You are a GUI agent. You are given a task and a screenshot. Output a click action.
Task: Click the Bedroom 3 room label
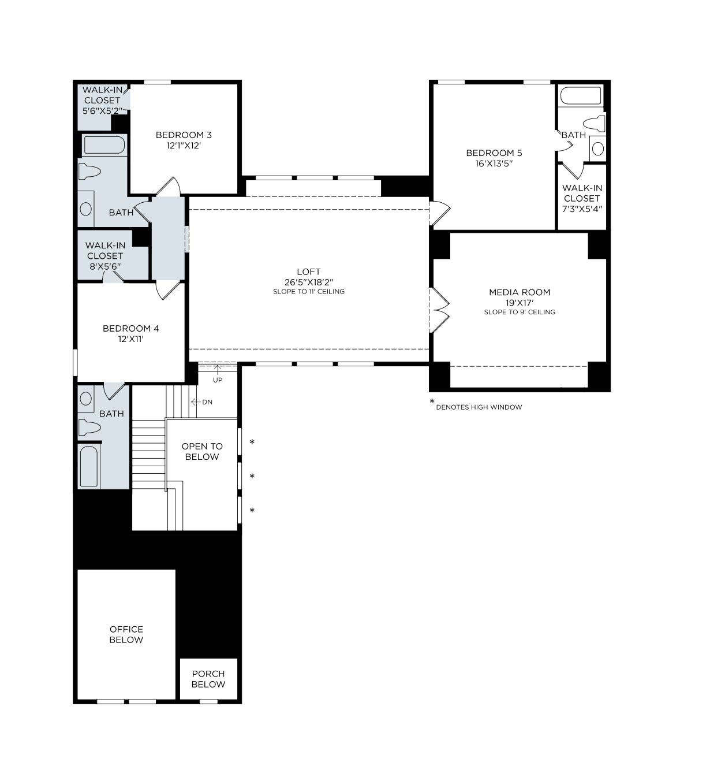[184, 135]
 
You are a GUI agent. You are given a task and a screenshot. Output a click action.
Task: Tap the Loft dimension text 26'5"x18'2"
[308, 282]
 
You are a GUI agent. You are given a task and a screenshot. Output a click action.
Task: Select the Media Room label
[519, 292]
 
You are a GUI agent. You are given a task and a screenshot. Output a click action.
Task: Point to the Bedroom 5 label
[494, 153]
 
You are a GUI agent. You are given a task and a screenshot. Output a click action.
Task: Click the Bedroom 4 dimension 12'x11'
[130, 339]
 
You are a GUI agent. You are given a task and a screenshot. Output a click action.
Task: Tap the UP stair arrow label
[218, 380]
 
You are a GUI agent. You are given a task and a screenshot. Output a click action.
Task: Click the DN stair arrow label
[207, 402]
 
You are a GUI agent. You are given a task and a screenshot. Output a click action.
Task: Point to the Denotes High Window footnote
[479, 407]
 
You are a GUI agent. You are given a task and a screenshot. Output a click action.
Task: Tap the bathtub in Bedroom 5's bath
[581, 96]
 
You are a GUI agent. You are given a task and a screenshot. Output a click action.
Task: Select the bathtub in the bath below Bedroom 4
[89, 466]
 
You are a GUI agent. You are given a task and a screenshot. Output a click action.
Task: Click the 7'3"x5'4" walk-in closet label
[582, 198]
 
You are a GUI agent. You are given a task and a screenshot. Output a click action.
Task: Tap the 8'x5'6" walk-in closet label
[105, 256]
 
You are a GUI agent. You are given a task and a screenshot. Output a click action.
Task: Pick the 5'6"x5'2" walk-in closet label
[102, 100]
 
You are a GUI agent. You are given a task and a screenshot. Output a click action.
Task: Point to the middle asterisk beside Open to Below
[252, 477]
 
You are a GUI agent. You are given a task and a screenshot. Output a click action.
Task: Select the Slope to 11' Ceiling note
[308, 292]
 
